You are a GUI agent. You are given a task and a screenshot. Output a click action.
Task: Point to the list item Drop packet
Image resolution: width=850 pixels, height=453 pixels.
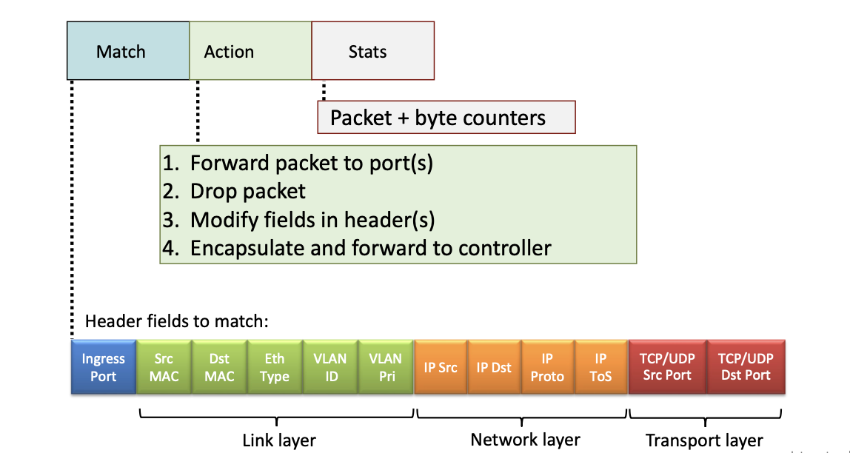tap(247, 191)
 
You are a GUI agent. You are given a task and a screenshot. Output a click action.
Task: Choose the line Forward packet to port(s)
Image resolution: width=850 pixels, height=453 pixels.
tap(311, 163)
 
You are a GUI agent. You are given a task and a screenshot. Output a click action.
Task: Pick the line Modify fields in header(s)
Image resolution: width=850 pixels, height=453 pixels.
tap(312, 220)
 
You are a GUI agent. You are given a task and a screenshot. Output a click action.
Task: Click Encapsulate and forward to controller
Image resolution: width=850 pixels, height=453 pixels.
tap(370, 248)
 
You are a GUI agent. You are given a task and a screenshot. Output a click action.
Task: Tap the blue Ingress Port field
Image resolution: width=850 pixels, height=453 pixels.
tap(104, 367)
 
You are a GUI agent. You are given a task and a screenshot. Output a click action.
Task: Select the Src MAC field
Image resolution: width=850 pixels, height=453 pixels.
tap(164, 367)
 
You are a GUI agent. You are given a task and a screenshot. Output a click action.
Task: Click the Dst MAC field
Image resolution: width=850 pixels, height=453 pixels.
tap(219, 367)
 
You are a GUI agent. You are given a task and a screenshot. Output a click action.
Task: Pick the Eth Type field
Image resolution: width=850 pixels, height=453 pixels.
tap(275, 367)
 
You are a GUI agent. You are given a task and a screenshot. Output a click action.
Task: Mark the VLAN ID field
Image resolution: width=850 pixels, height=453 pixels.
tap(330, 367)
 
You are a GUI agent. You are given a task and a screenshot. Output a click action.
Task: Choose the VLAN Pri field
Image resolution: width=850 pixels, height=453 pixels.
tap(385, 367)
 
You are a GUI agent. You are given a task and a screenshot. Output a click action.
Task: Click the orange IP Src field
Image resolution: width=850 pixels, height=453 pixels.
tap(441, 367)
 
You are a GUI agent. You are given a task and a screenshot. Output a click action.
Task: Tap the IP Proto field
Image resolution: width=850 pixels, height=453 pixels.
tap(547, 367)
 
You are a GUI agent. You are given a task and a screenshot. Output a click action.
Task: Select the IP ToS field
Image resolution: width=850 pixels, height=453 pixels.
tap(600, 367)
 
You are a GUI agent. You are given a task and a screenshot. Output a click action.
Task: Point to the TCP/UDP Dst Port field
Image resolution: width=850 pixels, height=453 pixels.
tap(746, 367)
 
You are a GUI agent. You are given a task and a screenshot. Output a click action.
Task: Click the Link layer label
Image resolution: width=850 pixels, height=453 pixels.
tap(279, 440)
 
